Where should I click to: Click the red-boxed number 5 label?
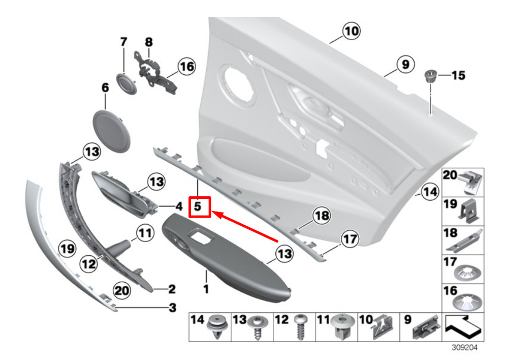point(199,207)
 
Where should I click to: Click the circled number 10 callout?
point(351,32)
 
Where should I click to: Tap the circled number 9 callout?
point(405,65)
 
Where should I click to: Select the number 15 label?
point(458,75)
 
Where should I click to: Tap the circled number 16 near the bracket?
point(186,66)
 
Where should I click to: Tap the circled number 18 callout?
point(321,217)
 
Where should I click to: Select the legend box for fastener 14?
point(210,326)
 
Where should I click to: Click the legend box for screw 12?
point(294,326)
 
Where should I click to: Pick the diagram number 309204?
point(463,349)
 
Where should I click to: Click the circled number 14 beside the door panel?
point(430,193)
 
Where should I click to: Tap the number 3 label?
point(172,307)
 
